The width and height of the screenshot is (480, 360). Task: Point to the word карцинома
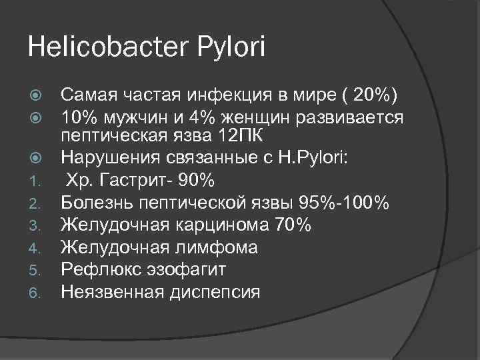(224, 225)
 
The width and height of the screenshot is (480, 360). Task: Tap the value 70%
(293, 225)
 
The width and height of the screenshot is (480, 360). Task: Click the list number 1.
(39, 181)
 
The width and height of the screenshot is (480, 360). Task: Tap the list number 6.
(39, 293)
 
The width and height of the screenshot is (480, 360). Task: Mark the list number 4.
(39, 248)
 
